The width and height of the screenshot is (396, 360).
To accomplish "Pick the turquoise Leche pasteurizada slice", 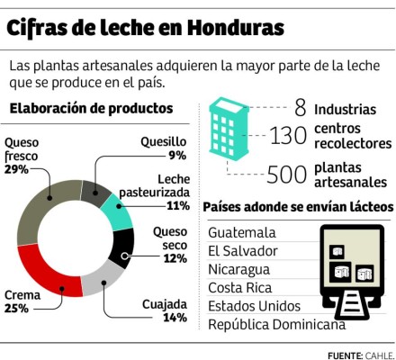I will (x=114, y=211).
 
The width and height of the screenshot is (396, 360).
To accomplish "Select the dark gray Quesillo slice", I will (x=94, y=187).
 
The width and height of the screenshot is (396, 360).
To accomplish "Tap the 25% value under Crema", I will (x=16, y=308).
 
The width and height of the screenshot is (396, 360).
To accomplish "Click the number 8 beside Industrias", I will (x=300, y=109).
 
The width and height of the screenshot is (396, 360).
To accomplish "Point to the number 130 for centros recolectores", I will (x=288, y=137).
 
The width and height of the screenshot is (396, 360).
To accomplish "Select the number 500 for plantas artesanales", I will (x=287, y=174).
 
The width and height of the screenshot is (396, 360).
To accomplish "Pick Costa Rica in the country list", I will (x=239, y=287).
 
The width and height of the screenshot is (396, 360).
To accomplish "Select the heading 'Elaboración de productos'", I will (x=91, y=108).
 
